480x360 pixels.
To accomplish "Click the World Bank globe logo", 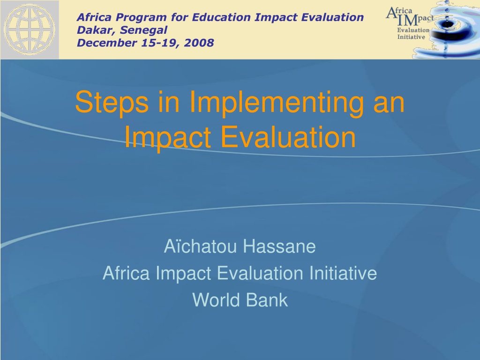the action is coord(30,30).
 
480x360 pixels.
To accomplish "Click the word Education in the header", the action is coord(222,17).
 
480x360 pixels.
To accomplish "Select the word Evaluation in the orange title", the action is coord(288,137).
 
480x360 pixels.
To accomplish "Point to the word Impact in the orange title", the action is coord(168,138).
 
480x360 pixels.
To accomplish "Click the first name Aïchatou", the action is coord(201,246).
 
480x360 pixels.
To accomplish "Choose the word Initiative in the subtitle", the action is coord(343,273).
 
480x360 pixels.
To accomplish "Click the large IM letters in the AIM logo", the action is coord(407,20).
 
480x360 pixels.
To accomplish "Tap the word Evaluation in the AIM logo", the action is coord(413,30).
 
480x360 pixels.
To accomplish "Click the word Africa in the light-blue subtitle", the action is coord(126,273).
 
